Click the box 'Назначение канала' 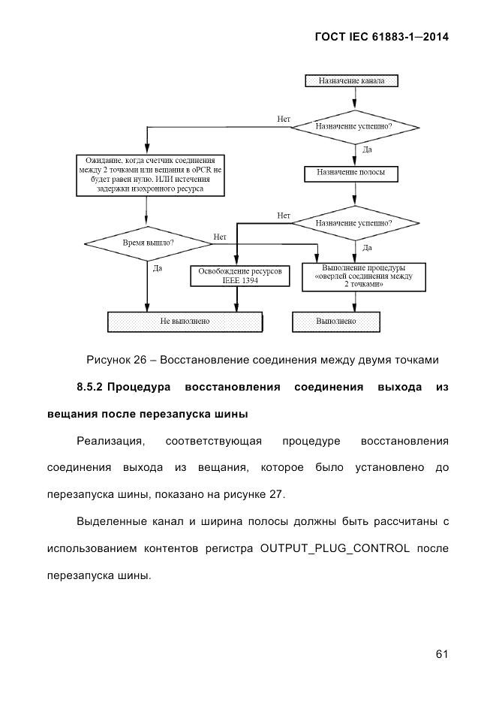(351, 80)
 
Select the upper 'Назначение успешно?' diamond (353, 126)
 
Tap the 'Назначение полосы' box (351, 173)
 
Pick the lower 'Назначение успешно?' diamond (353, 223)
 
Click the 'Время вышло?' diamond (148, 243)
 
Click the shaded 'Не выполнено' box (185, 321)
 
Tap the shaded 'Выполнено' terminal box (335, 321)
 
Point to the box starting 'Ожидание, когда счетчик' (150, 175)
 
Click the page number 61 (441, 654)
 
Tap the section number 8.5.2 (91, 387)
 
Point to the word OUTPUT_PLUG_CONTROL (334, 548)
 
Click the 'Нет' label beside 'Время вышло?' (220, 237)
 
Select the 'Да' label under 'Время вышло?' (158, 268)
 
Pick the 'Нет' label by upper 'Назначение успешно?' (283, 119)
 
